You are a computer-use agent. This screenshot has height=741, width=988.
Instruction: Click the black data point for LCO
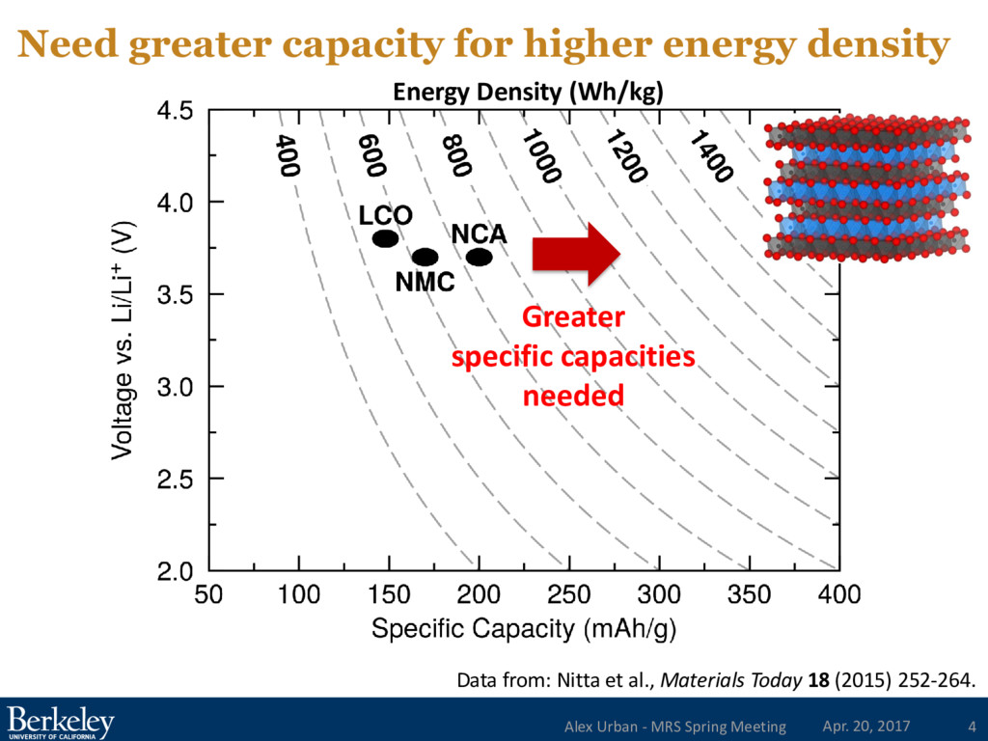(386, 238)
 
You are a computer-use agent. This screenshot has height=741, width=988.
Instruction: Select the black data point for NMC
(425, 257)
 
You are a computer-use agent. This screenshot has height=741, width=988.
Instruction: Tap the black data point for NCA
(480, 257)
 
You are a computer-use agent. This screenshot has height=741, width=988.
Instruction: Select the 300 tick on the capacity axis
(659, 594)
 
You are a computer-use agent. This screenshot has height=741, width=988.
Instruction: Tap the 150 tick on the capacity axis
(389, 594)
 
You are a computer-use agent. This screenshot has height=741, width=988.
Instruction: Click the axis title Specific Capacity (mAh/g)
(523, 630)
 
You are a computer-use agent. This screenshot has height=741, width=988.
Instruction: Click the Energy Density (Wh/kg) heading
(528, 93)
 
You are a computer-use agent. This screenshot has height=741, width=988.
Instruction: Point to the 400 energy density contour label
(286, 156)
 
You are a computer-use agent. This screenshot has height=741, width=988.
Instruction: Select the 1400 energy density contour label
(711, 155)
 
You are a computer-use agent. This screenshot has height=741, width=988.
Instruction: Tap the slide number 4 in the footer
(971, 726)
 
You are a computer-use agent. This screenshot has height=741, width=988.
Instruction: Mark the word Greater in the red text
(573, 317)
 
